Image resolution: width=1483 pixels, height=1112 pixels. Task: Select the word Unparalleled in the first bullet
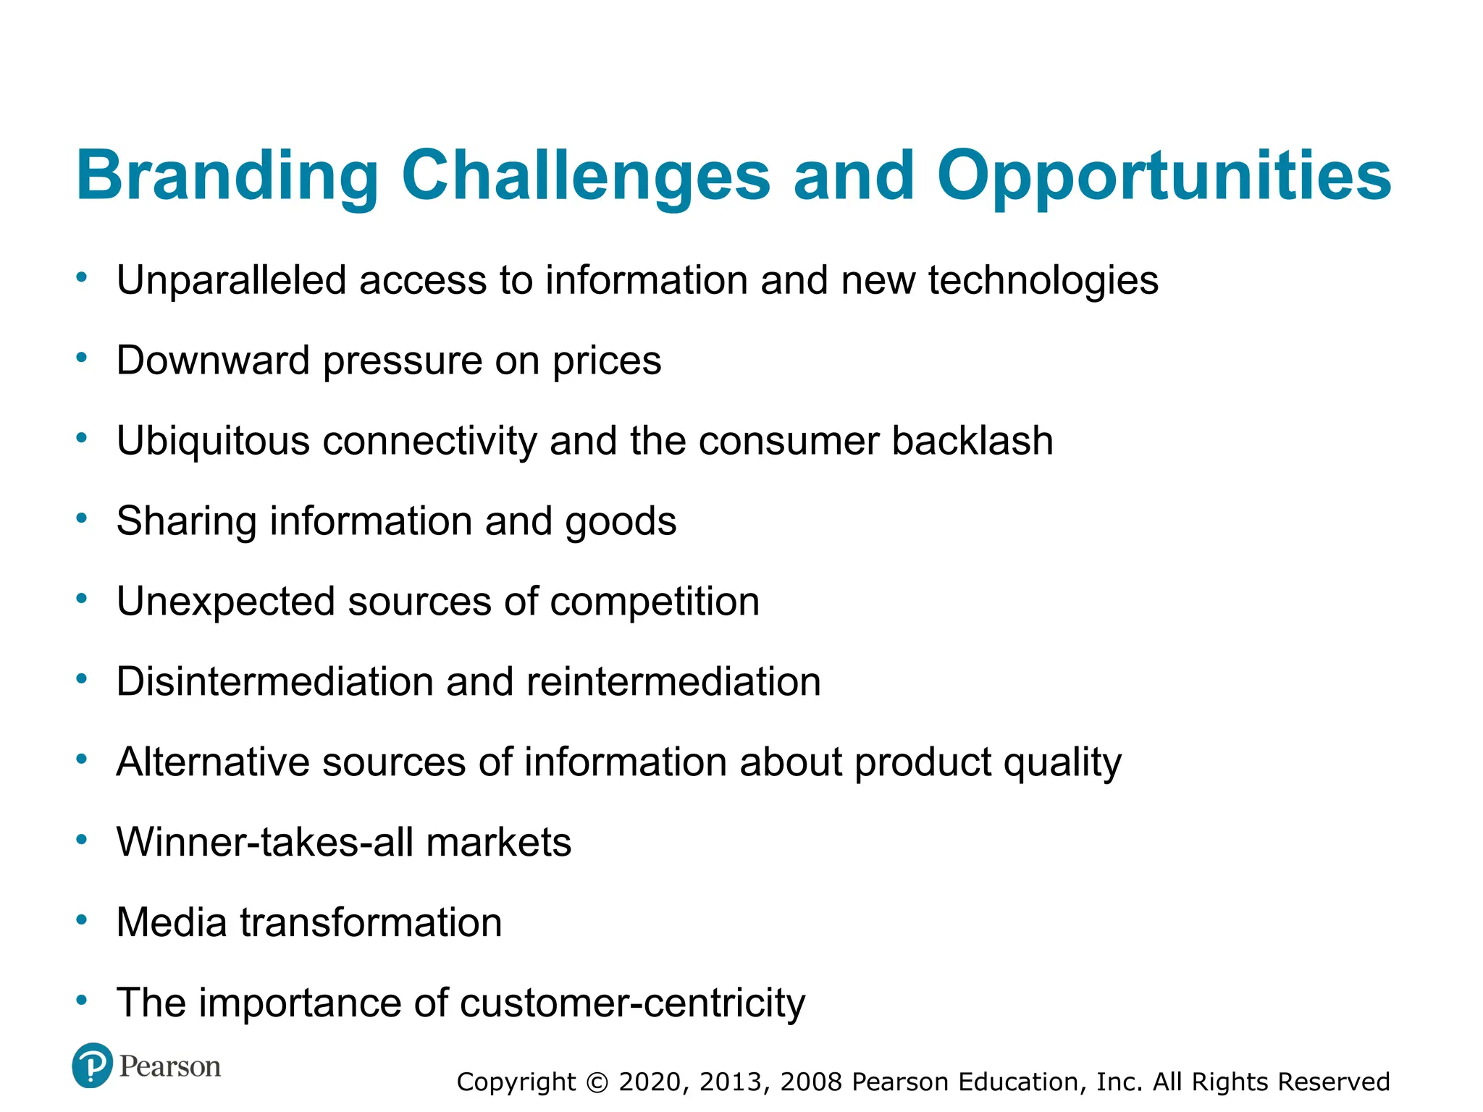click(x=231, y=281)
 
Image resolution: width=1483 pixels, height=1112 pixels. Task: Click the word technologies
click(x=1043, y=281)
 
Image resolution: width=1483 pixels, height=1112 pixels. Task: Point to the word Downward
click(x=213, y=361)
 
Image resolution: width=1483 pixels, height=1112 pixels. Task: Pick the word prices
click(x=607, y=361)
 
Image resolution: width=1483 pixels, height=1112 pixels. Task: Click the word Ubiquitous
click(x=213, y=441)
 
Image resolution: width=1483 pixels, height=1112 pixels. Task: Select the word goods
click(x=621, y=522)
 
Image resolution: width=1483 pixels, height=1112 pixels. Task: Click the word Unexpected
click(x=225, y=602)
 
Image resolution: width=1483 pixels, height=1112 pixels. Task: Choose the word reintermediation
click(x=673, y=682)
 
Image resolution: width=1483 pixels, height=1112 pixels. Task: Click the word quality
click(x=1062, y=763)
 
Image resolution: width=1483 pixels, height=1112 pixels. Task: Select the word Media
click(x=172, y=923)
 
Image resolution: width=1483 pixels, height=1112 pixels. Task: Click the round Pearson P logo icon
click(x=92, y=1066)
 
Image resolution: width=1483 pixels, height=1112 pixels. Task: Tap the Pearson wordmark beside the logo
click(x=169, y=1066)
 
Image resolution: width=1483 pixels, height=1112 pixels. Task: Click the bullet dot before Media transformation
click(x=82, y=920)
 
